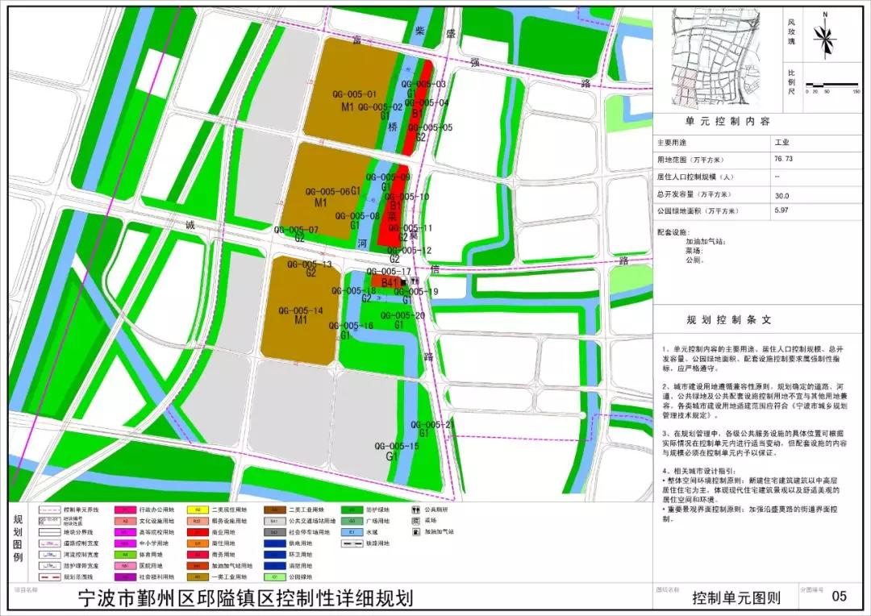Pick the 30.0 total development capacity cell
(x=782, y=194)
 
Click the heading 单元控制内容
(x=728, y=121)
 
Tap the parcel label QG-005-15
(x=397, y=446)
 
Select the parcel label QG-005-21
(x=432, y=424)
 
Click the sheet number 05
(x=839, y=597)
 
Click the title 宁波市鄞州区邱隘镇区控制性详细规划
(x=244, y=599)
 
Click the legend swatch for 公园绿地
(x=273, y=577)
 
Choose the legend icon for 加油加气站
(x=416, y=532)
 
